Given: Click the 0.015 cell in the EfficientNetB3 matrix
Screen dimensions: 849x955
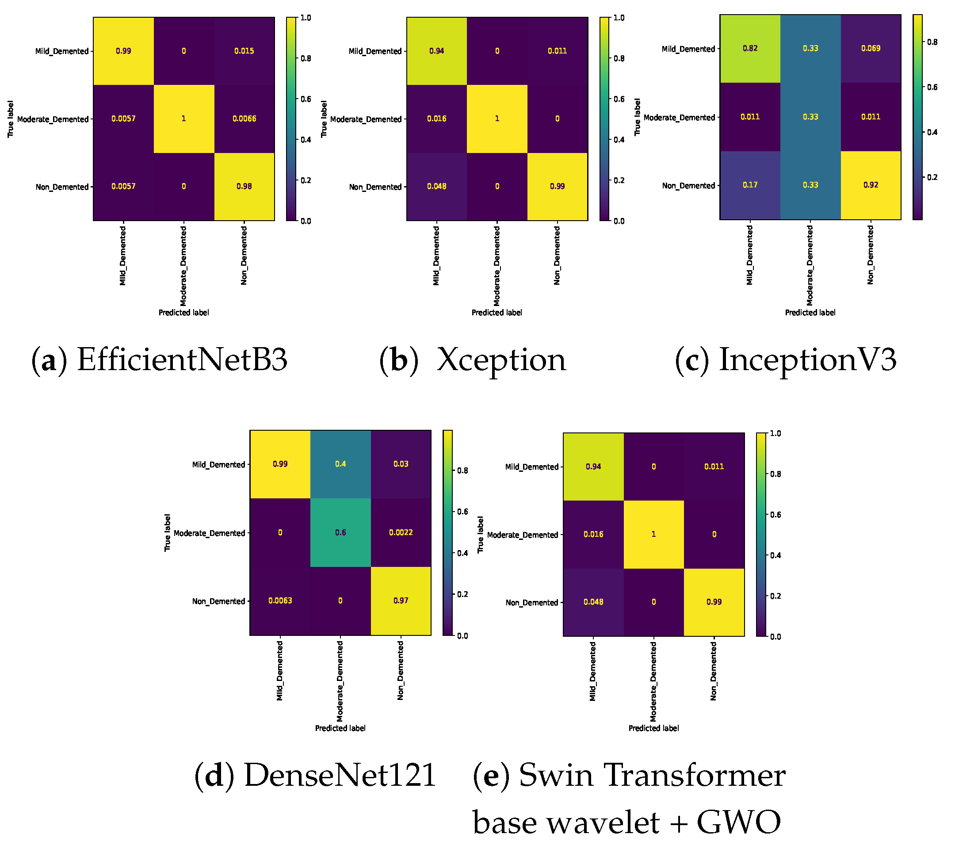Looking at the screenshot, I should (244, 51).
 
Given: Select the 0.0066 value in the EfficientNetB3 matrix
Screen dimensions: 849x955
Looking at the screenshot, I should (244, 119).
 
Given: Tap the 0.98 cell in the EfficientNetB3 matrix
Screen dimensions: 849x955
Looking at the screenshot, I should (244, 187).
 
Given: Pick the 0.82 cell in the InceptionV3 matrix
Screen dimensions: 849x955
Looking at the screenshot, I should (750, 48).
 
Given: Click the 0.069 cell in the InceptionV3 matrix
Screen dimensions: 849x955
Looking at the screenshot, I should (871, 48).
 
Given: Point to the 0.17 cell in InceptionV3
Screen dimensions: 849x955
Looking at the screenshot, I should (750, 185).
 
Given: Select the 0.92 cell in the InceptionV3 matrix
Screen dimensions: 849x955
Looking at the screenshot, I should (871, 185).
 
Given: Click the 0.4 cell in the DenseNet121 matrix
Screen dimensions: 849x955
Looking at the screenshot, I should (340, 464).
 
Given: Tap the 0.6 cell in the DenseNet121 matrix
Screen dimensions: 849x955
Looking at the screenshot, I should (340, 533).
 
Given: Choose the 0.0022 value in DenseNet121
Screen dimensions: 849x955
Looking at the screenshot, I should (401, 533).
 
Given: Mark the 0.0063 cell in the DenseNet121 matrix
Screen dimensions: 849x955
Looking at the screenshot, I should (280, 601).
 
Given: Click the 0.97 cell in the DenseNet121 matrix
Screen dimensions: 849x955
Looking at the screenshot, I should (401, 601).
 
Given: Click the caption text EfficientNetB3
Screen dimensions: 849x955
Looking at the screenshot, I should (182, 360).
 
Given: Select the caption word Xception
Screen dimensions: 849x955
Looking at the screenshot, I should (501, 360).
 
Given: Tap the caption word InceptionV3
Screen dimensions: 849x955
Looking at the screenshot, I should (808, 360).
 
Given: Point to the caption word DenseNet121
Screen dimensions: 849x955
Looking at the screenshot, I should (340, 775).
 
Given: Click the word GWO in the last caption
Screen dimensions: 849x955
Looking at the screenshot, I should (739, 822).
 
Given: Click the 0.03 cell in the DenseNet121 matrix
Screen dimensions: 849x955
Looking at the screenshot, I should (401, 464).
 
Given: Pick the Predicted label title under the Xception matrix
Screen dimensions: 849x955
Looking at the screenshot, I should (497, 313).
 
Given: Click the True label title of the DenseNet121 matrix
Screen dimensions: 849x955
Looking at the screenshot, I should (167, 533).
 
